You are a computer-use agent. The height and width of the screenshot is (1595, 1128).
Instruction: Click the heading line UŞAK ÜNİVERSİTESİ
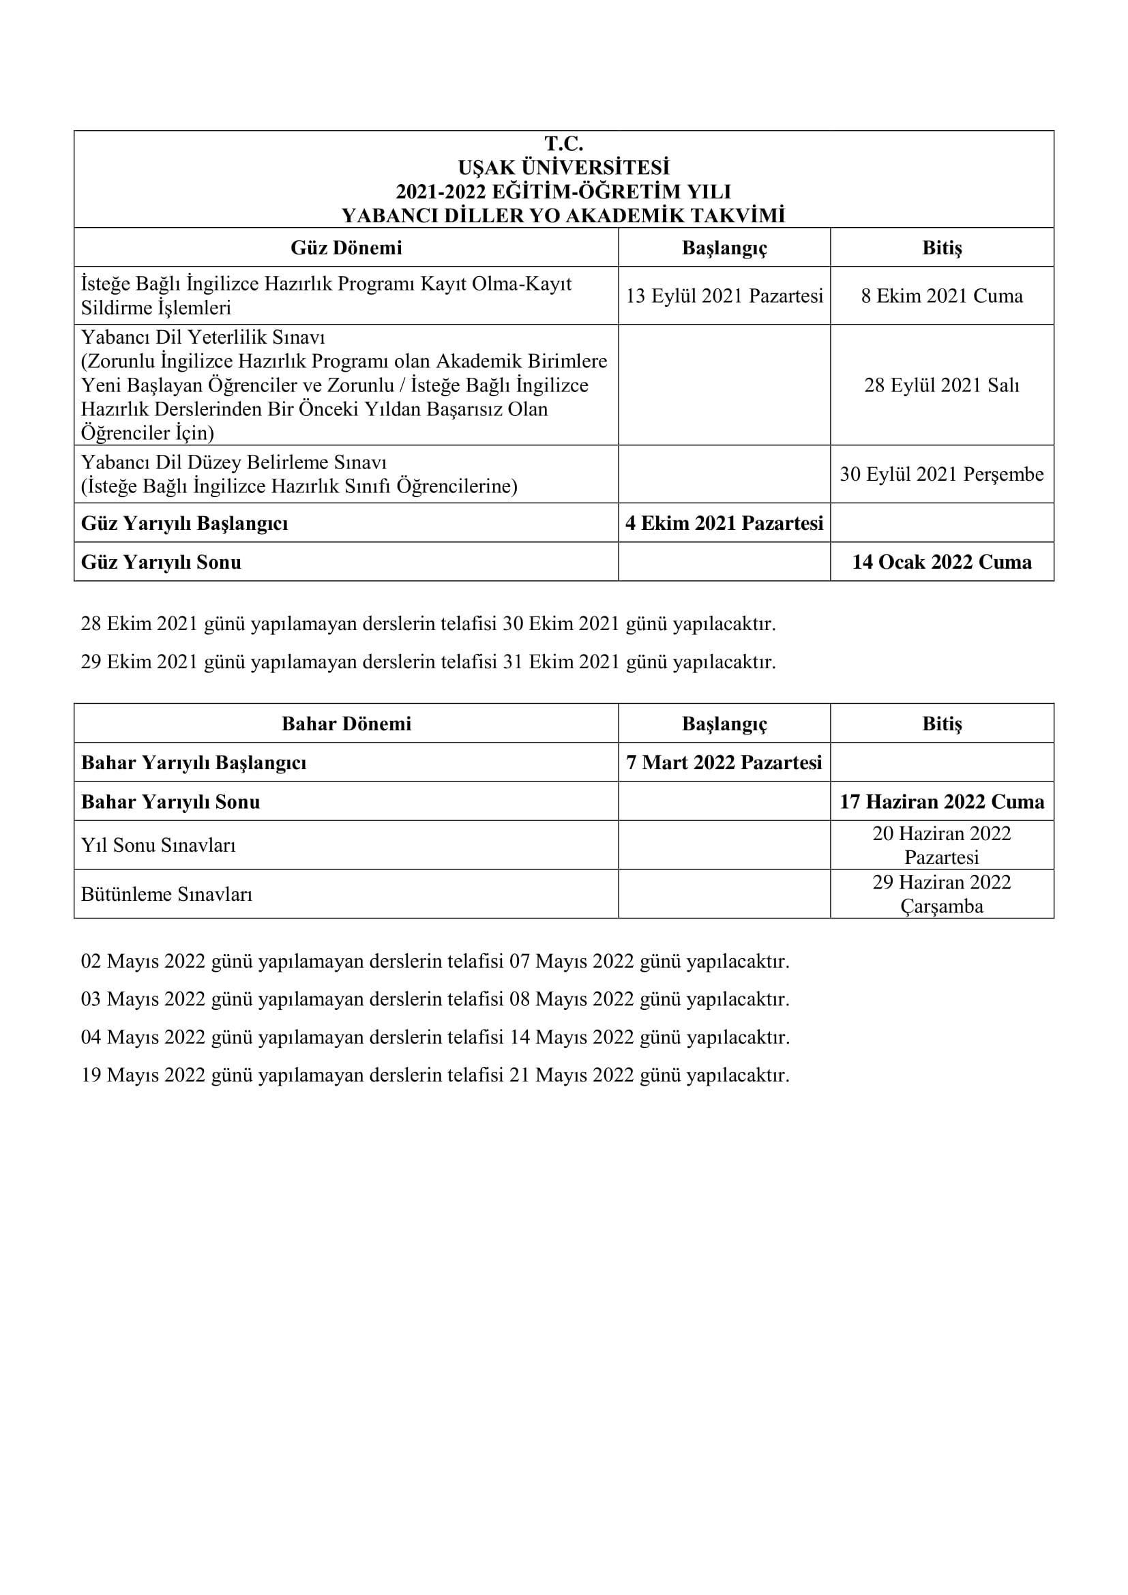563,168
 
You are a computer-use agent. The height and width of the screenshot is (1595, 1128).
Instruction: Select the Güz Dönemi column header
346,248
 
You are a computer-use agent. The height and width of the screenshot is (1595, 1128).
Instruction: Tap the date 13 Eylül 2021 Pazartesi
724,296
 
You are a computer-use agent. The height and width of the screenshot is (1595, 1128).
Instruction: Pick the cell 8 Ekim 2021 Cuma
942,296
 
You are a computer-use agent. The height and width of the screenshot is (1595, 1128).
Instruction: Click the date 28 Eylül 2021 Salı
942,385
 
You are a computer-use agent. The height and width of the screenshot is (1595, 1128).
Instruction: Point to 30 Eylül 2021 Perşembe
942,475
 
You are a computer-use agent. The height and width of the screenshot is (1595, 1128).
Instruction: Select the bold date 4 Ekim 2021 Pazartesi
724,523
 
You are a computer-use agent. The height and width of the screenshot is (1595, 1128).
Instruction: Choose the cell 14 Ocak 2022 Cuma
942,562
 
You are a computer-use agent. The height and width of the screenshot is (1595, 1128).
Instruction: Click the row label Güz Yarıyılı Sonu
161,562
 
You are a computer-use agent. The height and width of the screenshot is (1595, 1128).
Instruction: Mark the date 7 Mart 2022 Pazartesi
724,763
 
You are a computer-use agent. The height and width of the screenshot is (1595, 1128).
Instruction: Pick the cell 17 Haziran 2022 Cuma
942,802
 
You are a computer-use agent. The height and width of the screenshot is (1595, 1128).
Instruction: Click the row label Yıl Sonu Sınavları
158,846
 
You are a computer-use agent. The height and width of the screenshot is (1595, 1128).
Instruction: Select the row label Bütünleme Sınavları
166,894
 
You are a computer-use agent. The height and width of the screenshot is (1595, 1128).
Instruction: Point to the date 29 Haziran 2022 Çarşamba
942,894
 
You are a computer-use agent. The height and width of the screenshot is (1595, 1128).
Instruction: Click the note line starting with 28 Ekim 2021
428,624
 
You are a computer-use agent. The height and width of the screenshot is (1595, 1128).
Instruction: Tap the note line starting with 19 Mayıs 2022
435,1075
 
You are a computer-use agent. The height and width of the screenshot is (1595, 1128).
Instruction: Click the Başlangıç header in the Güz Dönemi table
724,248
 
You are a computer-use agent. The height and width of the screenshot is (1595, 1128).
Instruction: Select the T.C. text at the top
563,144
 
